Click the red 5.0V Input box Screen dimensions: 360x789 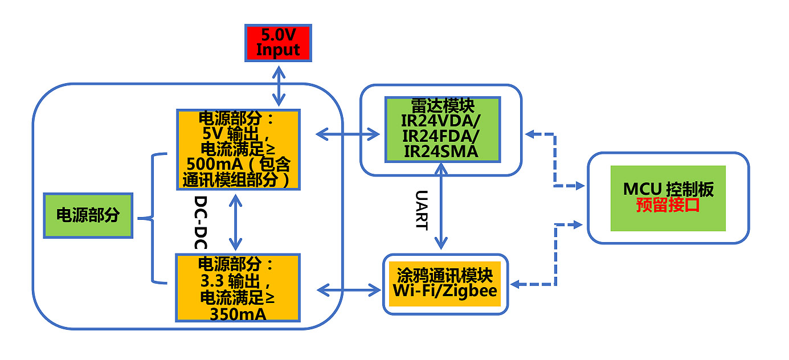[x=278, y=43]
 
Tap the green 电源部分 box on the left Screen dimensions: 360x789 [x=88, y=215]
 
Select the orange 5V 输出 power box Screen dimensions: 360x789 [x=238, y=149]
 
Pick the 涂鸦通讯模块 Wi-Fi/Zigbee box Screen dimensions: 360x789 [x=444, y=284]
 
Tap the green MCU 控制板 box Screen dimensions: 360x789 [x=668, y=198]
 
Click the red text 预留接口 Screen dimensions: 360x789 [x=668, y=206]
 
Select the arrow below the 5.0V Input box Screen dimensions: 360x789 [x=279, y=85]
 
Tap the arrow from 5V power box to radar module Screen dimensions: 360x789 [x=348, y=134]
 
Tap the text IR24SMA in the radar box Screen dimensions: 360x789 [x=441, y=151]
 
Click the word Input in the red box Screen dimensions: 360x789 [x=278, y=50]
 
